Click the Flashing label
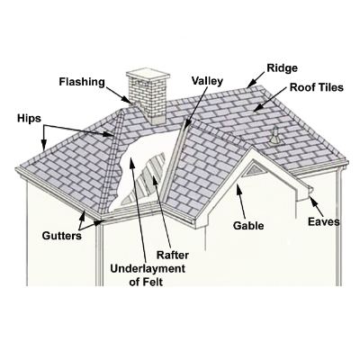[x=82, y=82]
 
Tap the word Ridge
[x=283, y=68]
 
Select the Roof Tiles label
[x=316, y=87]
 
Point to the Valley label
[x=207, y=81]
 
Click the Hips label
[x=29, y=119]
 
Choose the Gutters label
[x=62, y=236]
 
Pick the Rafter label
[x=173, y=255]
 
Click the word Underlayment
[x=148, y=269]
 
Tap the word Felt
[x=153, y=282]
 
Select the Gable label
[x=248, y=225]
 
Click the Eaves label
[x=324, y=221]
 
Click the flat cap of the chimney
[x=146, y=76]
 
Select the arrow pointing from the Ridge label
[x=256, y=79]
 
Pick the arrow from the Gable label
[x=241, y=202]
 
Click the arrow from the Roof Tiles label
[x=270, y=99]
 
